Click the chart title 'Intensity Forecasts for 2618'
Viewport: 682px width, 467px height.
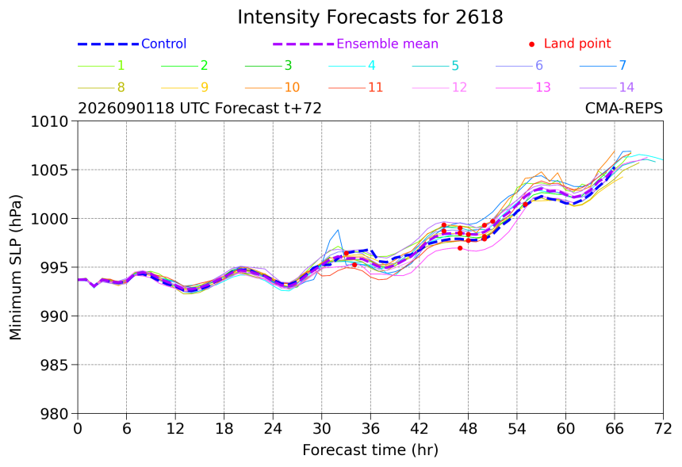(x=370, y=17)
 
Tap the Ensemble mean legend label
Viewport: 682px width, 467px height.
(x=387, y=44)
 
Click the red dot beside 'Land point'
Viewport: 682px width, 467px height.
(x=531, y=44)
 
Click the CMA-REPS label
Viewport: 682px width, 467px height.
(x=624, y=108)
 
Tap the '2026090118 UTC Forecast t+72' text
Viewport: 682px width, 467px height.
(x=200, y=108)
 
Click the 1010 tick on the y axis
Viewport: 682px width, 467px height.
(x=50, y=121)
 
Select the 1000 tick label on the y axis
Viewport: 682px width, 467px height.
(x=50, y=219)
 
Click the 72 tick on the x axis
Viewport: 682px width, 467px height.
(x=663, y=429)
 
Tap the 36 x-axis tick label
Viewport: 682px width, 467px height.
(x=370, y=429)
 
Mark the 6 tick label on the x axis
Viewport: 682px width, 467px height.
(x=127, y=429)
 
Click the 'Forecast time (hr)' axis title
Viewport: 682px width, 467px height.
(x=370, y=450)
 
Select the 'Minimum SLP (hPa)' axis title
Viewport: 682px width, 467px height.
(x=15, y=267)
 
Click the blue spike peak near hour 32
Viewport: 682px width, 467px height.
(x=338, y=230)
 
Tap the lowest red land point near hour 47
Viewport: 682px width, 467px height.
(x=460, y=248)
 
